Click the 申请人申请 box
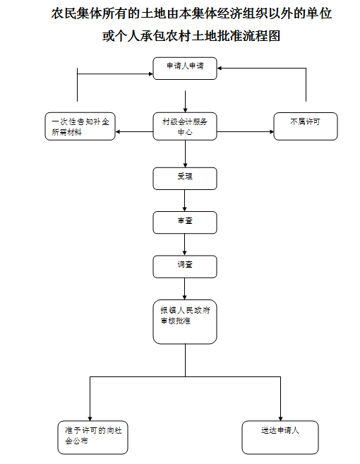click(185, 69)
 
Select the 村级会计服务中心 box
click(185, 126)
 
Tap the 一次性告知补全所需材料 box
click(80, 126)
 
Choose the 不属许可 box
click(306, 126)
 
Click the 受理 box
click(185, 179)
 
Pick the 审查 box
click(185, 222)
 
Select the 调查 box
click(185, 267)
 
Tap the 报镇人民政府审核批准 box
click(185, 322)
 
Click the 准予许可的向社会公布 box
click(92, 437)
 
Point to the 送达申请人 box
click(280, 437)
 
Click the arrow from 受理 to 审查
click(184, 201)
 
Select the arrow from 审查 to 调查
click(184, 245)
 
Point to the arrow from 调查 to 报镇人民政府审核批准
click(184, 289)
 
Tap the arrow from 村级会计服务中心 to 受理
click(185, 154)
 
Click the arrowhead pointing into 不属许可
click(272, 131)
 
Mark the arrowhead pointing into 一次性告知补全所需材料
click(117, 131)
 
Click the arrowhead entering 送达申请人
click(280, 419)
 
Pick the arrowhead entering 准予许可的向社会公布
click(90, 419)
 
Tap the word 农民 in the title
click(64, 14)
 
